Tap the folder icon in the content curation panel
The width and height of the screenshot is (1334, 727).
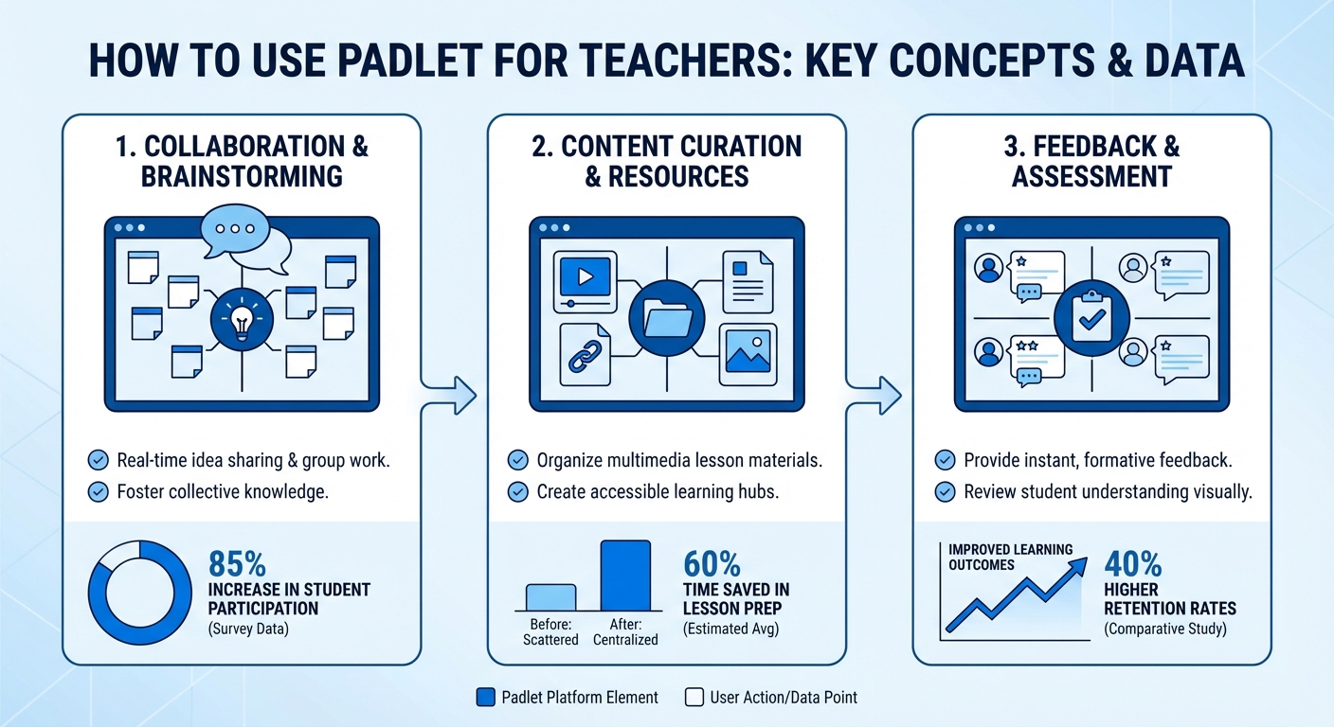point(667,316)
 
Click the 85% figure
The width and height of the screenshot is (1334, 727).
point(237,564)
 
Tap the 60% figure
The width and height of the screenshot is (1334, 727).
point(712,564)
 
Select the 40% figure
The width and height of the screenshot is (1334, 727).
point(1133,564)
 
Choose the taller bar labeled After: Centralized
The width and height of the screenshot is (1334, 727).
point(625,575)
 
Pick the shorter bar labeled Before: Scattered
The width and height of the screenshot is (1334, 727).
point(550,596)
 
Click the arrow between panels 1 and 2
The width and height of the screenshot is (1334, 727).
point(454,394)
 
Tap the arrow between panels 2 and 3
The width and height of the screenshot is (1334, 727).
point(878,394)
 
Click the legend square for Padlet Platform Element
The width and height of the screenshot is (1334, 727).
point(485,698)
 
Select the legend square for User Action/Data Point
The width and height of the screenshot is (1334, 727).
point(693,698)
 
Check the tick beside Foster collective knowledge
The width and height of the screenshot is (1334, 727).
point(97,491)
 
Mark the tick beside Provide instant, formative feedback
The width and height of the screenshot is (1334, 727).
point(945,461)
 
